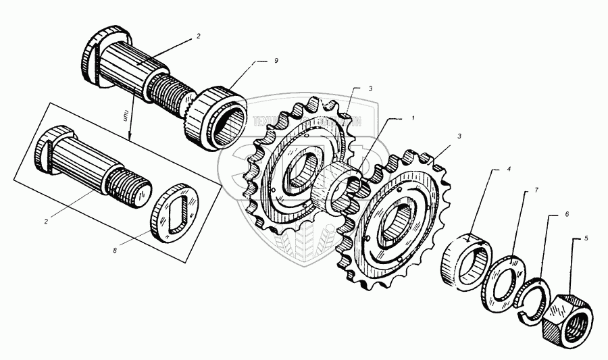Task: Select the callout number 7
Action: pyautogui.click(x=536, y=191)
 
